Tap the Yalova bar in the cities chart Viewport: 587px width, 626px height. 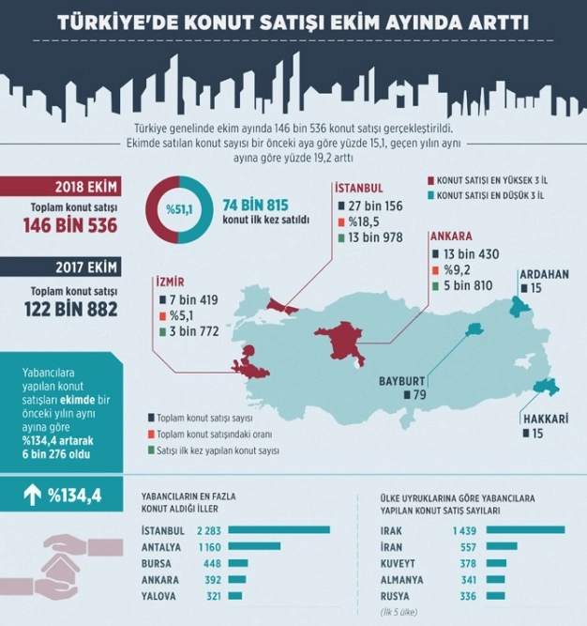[234, 596]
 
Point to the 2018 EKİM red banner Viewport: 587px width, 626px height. [60, 187]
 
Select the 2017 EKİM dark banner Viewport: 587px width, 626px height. [60, 267]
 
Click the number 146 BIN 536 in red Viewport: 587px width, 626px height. [71, 225]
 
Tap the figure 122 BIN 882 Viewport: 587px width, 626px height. [71, 308]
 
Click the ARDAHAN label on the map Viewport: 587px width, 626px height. [543, 274]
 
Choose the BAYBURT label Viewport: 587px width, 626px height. [402, 381]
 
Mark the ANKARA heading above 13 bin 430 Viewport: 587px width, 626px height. [451, 237]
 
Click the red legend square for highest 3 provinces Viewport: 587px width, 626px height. [430, 180]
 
